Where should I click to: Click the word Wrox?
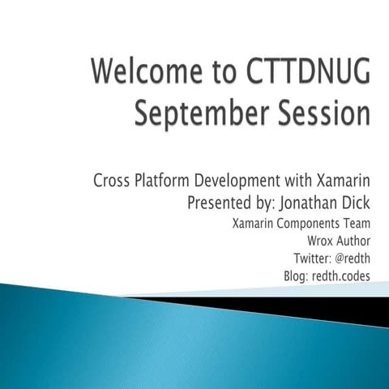pyautogui.click(x=320, y=241)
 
